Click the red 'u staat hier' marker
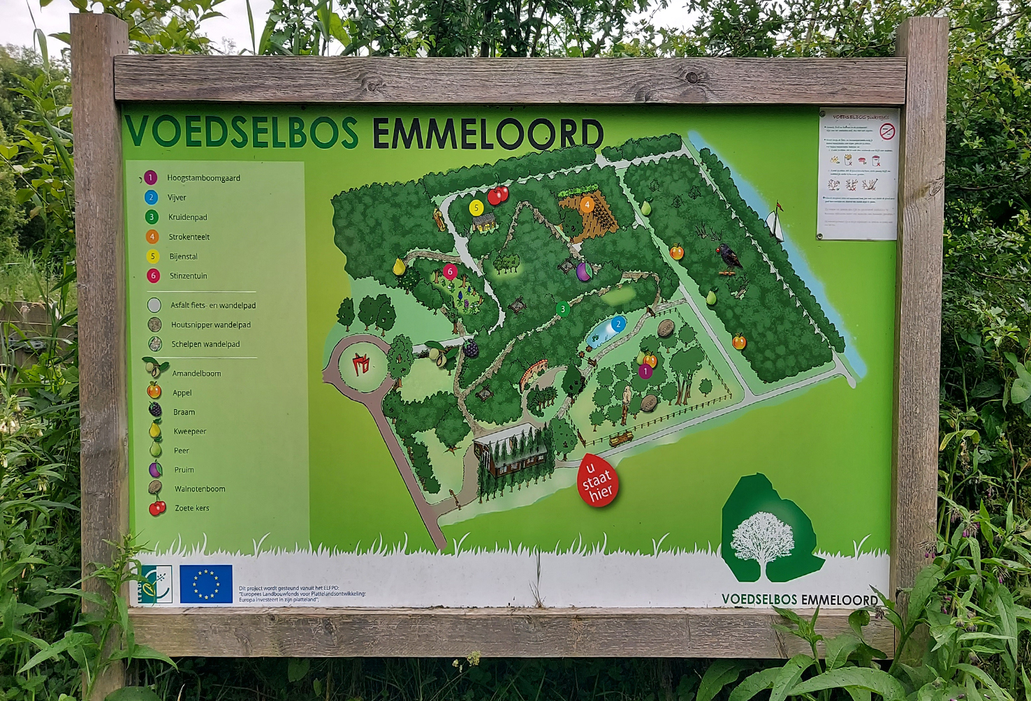point(597,480)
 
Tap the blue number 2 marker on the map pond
point(618,324)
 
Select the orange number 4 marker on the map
point(587,205)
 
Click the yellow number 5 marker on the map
point(476,208)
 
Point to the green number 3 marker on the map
point(562,309)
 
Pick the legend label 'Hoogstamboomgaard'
point(203,178)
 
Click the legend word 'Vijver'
point(177,198)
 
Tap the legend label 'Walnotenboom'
point(200,489)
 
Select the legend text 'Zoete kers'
point(192,508)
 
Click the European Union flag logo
point(206,584)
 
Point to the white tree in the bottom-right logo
point(763,541)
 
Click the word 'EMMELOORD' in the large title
point(488,133)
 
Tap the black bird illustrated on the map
point(729,258)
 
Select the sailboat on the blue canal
point(773,223)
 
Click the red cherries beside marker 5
point(498,195)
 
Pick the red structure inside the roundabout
point(360,364)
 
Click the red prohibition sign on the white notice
point(887,131)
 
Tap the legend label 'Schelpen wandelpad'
point(205,344)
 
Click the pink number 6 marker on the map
point(450,271)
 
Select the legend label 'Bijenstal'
point(183,256)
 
